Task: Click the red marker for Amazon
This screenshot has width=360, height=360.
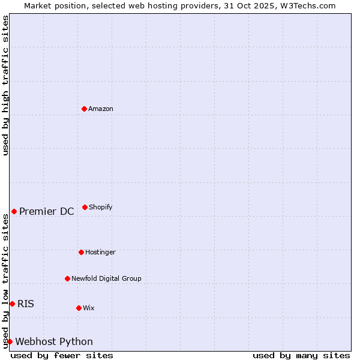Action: pos(85,109)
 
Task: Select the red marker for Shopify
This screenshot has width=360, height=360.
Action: pos(85,207)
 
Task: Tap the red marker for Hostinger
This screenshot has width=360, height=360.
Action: pos(81,252)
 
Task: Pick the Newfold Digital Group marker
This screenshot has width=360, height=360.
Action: pos(67,278)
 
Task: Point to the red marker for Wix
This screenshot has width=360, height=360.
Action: pos(79,308)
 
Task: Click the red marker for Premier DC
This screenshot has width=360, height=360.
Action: pos(14,211)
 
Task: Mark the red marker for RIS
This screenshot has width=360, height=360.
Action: pos(12,304)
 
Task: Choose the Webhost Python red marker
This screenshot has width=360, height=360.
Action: pos(10,341)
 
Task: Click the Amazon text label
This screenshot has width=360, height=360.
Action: pos(101,109)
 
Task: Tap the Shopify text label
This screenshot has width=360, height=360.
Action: pos(101,207)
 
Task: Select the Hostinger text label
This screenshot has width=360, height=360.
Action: pos(100,252)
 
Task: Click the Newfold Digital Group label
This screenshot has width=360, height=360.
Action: pos(106,278)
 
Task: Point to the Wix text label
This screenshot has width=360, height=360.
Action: pos(89,308)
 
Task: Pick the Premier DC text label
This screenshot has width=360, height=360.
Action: pos(47,211)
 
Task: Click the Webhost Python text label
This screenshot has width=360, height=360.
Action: pos(54,341)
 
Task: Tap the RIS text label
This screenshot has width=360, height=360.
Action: pos(26,304)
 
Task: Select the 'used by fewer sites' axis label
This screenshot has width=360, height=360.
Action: pos(62,355)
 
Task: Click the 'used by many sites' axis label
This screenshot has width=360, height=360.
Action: pos(301,355)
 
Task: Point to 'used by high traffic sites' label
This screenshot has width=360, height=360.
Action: pos(5,85)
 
